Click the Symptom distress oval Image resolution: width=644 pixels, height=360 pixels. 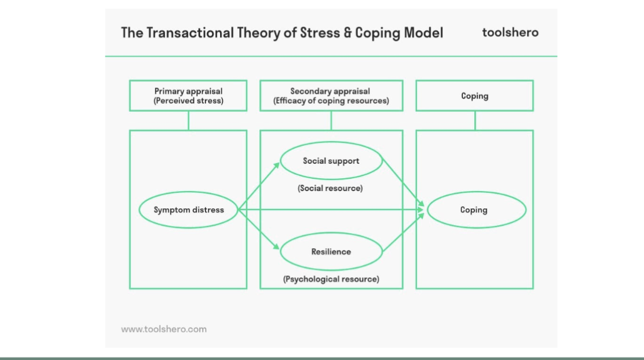tap(189, 210)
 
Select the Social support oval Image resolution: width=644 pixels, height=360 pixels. tap(331, 161)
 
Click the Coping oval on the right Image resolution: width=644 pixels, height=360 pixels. tap(476, 210)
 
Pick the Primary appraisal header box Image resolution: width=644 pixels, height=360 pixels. tap(188, 95)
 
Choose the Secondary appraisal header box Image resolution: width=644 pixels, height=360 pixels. tap(331, 95)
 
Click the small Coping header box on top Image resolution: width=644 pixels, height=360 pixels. tap(475, 96)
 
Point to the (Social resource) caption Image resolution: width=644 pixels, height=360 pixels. tap(331, 189)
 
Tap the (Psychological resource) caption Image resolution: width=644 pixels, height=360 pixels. tap(331, 279)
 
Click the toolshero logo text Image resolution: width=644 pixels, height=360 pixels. tap(510, 32)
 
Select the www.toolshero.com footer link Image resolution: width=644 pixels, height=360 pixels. tap(164, 329)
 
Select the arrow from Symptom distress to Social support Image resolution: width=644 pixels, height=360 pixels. tap(259, 185)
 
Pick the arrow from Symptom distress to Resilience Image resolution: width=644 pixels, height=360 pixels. tap(259, 232)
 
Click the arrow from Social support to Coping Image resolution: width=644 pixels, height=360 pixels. tap(404, 184)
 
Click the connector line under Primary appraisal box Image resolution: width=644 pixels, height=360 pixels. tap(188, 120)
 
